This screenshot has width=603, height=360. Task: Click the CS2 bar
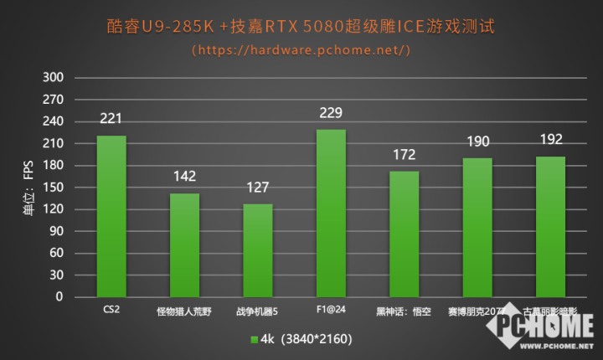click(x=111, y=216)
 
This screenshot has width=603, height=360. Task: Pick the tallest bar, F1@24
click(x=331, y=213)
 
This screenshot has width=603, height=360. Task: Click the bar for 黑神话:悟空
click(x=404, y=234)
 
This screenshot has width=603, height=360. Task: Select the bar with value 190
click(x=477, y=227)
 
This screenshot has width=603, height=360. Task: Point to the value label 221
click(x=111, y=119)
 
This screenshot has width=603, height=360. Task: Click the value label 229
click(x=331, y=113)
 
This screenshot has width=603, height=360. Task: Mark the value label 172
click(x=404, y=155)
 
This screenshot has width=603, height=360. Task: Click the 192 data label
click(x=550, y=140)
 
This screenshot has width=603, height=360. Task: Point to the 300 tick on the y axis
click(x=53, y=78)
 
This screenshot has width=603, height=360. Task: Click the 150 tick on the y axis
click(x=53, y=188)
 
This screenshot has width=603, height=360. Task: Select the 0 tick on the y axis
click(x=59, y=296)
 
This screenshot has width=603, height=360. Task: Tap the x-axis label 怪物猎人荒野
click(x=184, y=312)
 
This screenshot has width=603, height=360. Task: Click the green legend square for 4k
click(x=254, y=340)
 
